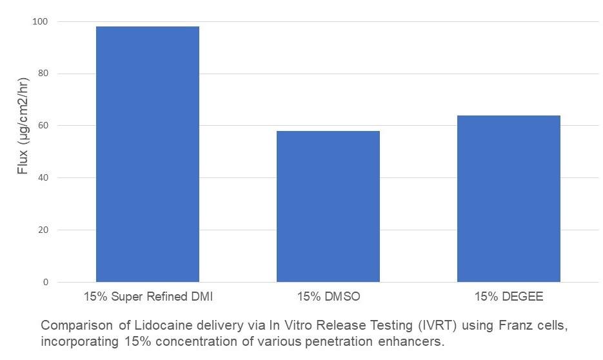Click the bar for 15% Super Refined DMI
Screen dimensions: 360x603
[x=147, y=154]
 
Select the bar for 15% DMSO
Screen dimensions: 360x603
[x=328, y=206]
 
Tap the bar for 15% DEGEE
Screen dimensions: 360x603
[x=509, y=199]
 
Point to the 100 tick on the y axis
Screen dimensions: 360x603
[x=41, y=22]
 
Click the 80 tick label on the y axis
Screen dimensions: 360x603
[x=43, y=74]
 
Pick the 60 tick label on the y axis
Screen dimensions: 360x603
[x=43, y=126]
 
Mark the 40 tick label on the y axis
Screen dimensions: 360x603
[x=43, y=178]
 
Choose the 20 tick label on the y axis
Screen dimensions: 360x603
[x=43, y=230]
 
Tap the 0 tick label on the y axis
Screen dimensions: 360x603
[x=46, y=283]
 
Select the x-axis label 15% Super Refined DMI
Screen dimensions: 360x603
[x=148, y=297]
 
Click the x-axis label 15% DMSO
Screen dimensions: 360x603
[x=328, y=297]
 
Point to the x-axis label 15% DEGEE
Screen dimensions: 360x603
[x=509, y=297]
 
